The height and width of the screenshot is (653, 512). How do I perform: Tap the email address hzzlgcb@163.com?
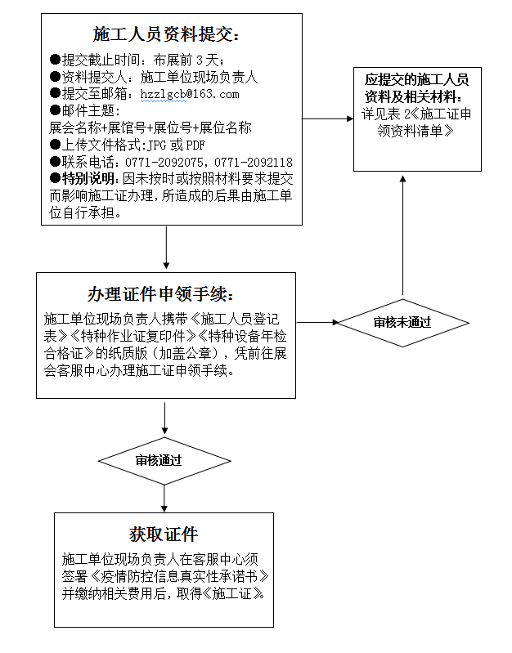[x=190, y=94]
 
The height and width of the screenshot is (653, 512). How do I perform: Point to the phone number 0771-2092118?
[x=254, y=162]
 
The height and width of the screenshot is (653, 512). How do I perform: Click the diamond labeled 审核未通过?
[x=403, y=323]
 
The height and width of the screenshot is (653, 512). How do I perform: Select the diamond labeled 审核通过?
[x=164, y=461]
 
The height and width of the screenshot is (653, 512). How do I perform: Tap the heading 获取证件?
[x=164, y=534]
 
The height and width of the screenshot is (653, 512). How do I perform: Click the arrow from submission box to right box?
[x=328, y=119]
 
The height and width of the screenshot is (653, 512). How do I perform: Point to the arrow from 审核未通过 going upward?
[x=402, y=235]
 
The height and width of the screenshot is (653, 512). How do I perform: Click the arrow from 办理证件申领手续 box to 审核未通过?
[x=317, y=322]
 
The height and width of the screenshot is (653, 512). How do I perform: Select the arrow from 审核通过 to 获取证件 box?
[x=164, y=499]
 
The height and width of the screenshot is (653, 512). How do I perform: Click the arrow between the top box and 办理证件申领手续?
[x=166, y=248]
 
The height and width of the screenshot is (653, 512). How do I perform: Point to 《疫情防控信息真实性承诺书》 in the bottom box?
[x=179, y=577]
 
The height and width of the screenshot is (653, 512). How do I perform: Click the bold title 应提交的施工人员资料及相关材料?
[x=416, y=88]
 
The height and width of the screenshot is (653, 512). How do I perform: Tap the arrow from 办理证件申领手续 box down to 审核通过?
[x=164, y=418]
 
